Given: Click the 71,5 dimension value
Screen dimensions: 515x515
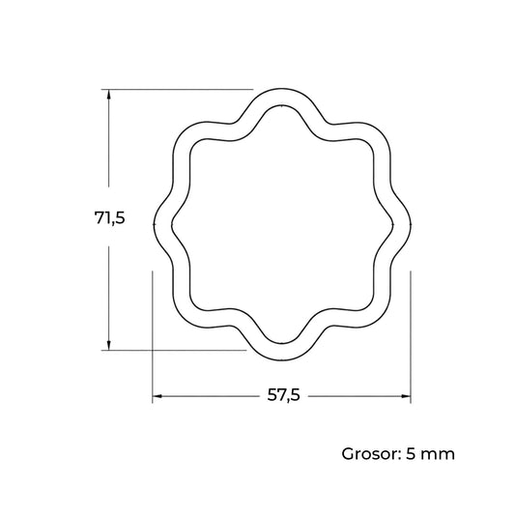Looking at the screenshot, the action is [x=110, y=217].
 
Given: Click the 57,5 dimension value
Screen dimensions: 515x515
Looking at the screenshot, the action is [x=283, y=395].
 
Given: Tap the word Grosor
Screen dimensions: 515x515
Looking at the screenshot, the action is [x=370, y=454].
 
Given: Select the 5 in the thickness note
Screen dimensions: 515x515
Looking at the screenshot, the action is [x=412, y=454].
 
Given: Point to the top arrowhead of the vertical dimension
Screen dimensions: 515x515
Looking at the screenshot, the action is [x=109, y=95].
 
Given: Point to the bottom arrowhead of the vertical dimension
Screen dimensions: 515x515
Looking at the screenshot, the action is [x=109, y=345].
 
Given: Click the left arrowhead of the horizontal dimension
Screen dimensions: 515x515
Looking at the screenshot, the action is [x=157, y=396].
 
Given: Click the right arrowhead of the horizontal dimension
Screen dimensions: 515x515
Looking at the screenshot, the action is [x=405, y=396].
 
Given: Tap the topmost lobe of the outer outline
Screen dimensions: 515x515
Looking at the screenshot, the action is [x=281, y=89].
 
